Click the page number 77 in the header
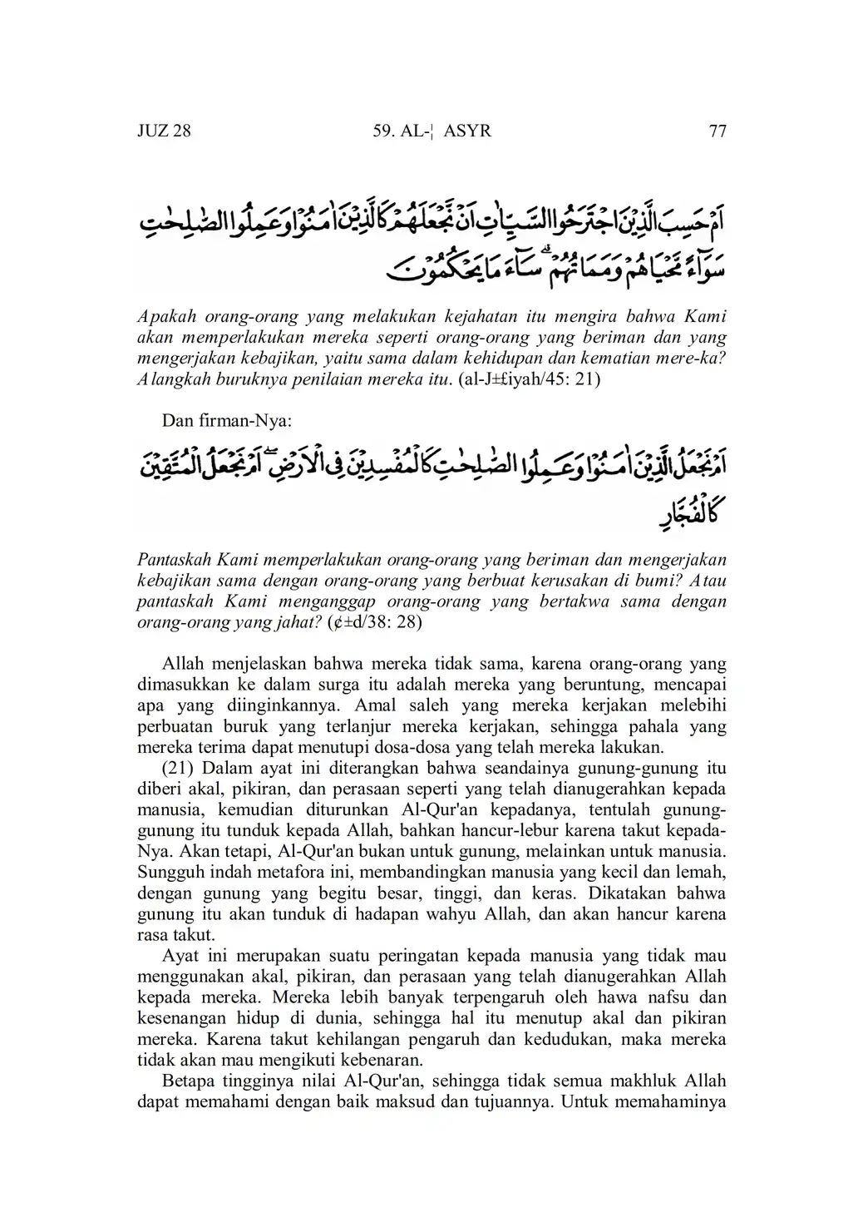coord(717,131)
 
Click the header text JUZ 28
coord(164,131)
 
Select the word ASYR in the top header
coord(468,131)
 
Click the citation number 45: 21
coord(571,382)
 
